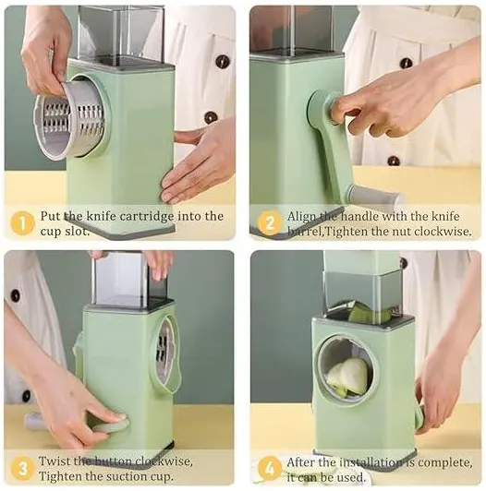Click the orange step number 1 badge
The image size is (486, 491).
pyautogui.click(x=22, y=223)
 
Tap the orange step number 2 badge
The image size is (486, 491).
pyautogui.click(x=270, y=223)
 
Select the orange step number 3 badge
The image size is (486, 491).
pyautogui.click(x=22, y=469)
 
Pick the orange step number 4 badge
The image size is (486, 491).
pyautogui.click(x=270, y=469)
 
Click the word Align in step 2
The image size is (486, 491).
pyautogui.click(x=300, y=217)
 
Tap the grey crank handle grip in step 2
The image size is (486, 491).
pyautogui.click(x=375, y=196)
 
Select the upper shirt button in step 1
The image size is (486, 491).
pyautogui.click(x=222, y=62)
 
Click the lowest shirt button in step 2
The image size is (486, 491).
pyautogui.click(x=394, y=161)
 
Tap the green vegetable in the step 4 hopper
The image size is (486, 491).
pyautogui.click(x=370, y=312)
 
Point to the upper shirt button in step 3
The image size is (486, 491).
pyautogui.click(x=15, y=295)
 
